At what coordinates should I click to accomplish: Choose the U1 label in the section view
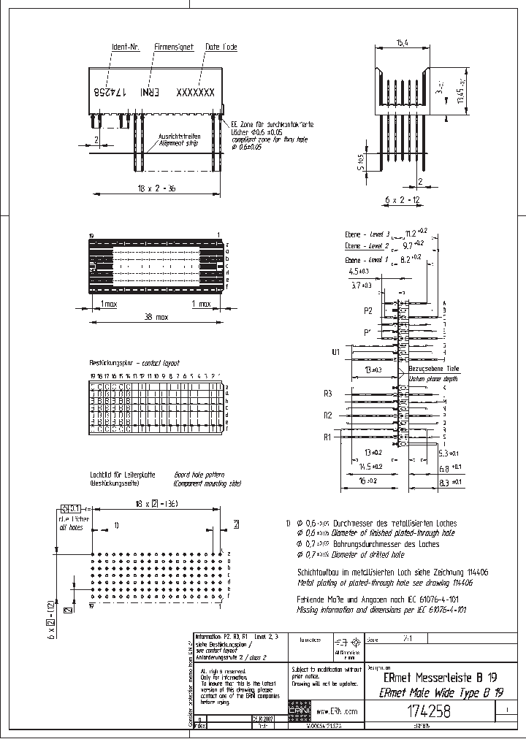(x=336, y=353)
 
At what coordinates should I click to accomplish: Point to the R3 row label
(x=328, y=393)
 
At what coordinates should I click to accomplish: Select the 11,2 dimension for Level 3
(x=416, y=233)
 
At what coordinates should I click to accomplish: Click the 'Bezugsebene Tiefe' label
(x=434, y=369)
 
